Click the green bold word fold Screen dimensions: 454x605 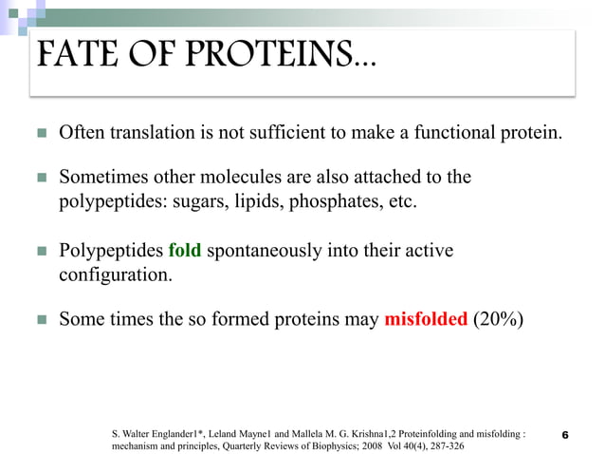[184, 251]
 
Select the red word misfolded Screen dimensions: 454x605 [426, 319]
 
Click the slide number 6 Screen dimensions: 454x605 [565, 435]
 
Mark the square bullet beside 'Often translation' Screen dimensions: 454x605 [41, 132]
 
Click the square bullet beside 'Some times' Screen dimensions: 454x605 [41, 320]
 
